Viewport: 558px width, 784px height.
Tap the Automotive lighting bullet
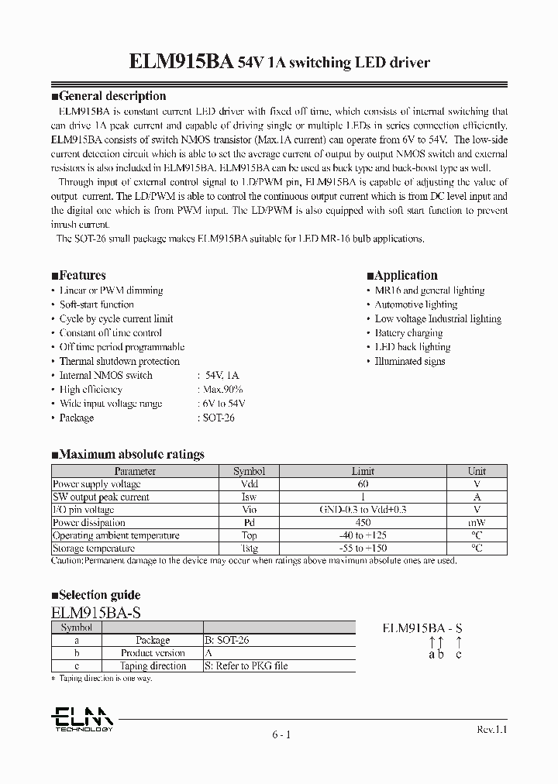[415, 304]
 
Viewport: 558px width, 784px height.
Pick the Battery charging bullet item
[408, 333]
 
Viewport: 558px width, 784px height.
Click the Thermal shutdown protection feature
[119, 361]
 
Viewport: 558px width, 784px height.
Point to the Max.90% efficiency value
[222, 389]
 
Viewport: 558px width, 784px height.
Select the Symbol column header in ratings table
[249, 471]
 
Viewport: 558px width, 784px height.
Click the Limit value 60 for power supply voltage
[363, 483]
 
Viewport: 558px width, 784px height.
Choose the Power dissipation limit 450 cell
[363, 522]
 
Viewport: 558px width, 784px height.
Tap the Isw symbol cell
[249, 497]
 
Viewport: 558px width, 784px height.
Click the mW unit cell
[477, 522]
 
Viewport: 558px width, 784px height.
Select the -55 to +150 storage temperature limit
[363, 548]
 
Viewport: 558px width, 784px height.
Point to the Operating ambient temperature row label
[115, 535]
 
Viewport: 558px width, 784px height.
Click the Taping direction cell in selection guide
[153, 665]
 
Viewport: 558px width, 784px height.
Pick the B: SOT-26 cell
[227, 641]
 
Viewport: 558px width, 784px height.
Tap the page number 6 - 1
[281, 734]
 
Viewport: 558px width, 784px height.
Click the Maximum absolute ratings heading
[131, 454]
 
